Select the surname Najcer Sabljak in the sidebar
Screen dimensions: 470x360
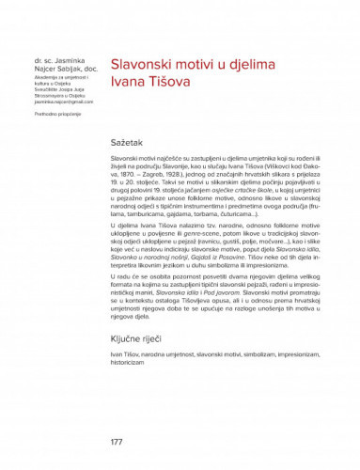pos(57,69)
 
